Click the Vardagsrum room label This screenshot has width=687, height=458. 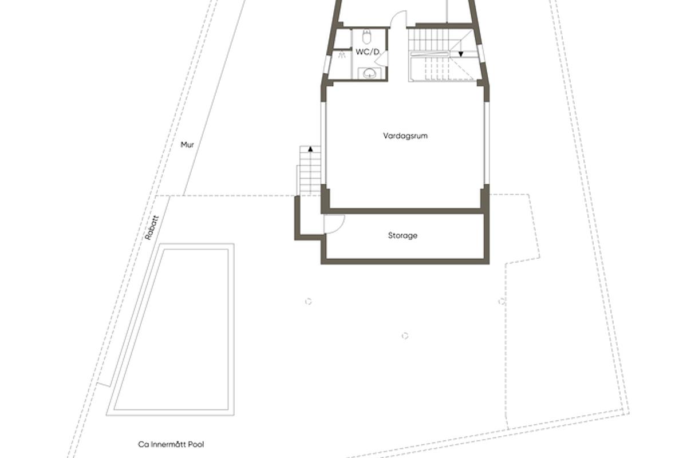coord(405,136)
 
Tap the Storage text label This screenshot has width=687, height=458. coord(402,235)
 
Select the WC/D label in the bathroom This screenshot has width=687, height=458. coord(368,52)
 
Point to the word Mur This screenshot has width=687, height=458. coord(187,145)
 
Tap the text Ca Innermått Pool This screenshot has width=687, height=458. coord(171,444)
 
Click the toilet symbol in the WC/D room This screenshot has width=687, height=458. coord(367,38)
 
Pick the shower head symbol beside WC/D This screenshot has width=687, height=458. coord(342,55)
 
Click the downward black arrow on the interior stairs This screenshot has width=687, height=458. coord(461,54)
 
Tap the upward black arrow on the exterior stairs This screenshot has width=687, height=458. coord(310,149)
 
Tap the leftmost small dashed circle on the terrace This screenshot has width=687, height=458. coord(308,301)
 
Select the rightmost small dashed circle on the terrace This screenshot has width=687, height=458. coord(502,301)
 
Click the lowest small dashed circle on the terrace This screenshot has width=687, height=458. coord(405,335)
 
